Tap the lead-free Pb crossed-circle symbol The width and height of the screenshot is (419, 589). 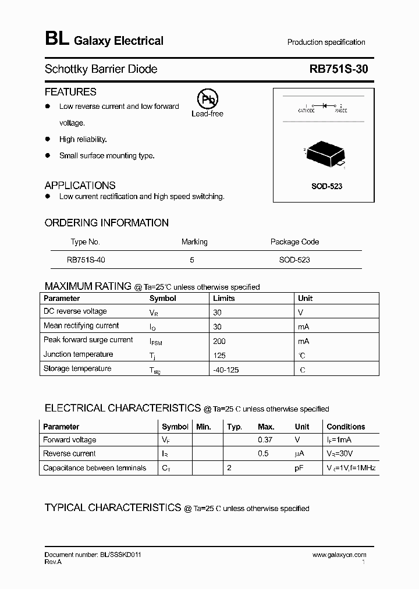coord(207,100)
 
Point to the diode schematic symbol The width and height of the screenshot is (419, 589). coord(324,105)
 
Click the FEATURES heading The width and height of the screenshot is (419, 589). coord(70,92)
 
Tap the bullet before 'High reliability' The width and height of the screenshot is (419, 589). coord(48,140)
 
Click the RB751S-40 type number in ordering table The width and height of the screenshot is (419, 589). coord(86,260)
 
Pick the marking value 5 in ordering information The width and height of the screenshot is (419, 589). coord(192,260)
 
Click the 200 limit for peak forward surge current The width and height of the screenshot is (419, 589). coord(219,341)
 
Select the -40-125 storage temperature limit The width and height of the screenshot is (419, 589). coord(227,370)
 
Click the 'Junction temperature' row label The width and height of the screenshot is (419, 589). coord(78,354)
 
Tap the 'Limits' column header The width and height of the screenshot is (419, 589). coord(224,299)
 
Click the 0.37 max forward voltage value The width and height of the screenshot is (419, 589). coord(266,440)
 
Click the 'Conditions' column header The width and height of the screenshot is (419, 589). coord(346,427)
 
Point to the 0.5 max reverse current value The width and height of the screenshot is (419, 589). coord(263,454)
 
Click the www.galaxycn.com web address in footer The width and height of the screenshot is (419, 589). coord(339,555)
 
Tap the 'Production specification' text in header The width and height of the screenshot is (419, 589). coord(326,42)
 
